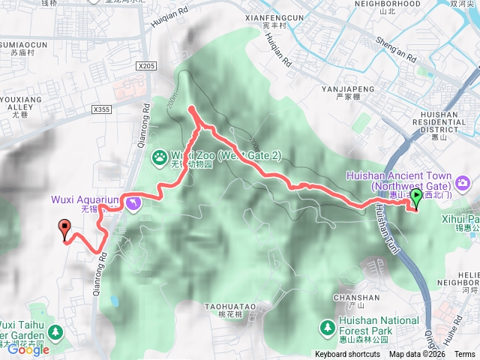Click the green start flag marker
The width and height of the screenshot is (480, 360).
pyautogui.click(x=417, y=197)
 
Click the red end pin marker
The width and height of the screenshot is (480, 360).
pyautogui.click(x=64, y=228)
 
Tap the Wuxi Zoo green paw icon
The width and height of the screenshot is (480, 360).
pyautogui.click(x=160, y=157)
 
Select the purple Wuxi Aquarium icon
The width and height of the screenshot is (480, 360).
pyautogui.click(x=133, y=203)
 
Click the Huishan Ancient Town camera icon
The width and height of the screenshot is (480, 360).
pyautogui.click(x=463, y=182)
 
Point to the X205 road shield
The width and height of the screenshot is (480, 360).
pyautogui.click(x=146, y=66)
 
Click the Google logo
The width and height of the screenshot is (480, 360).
pyautogui.click(x=28, y=349)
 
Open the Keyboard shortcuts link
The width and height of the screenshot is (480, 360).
pyautogui.click(x=347, y=354)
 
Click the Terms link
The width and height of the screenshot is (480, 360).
pyautogui.click(x=465, y=354)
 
